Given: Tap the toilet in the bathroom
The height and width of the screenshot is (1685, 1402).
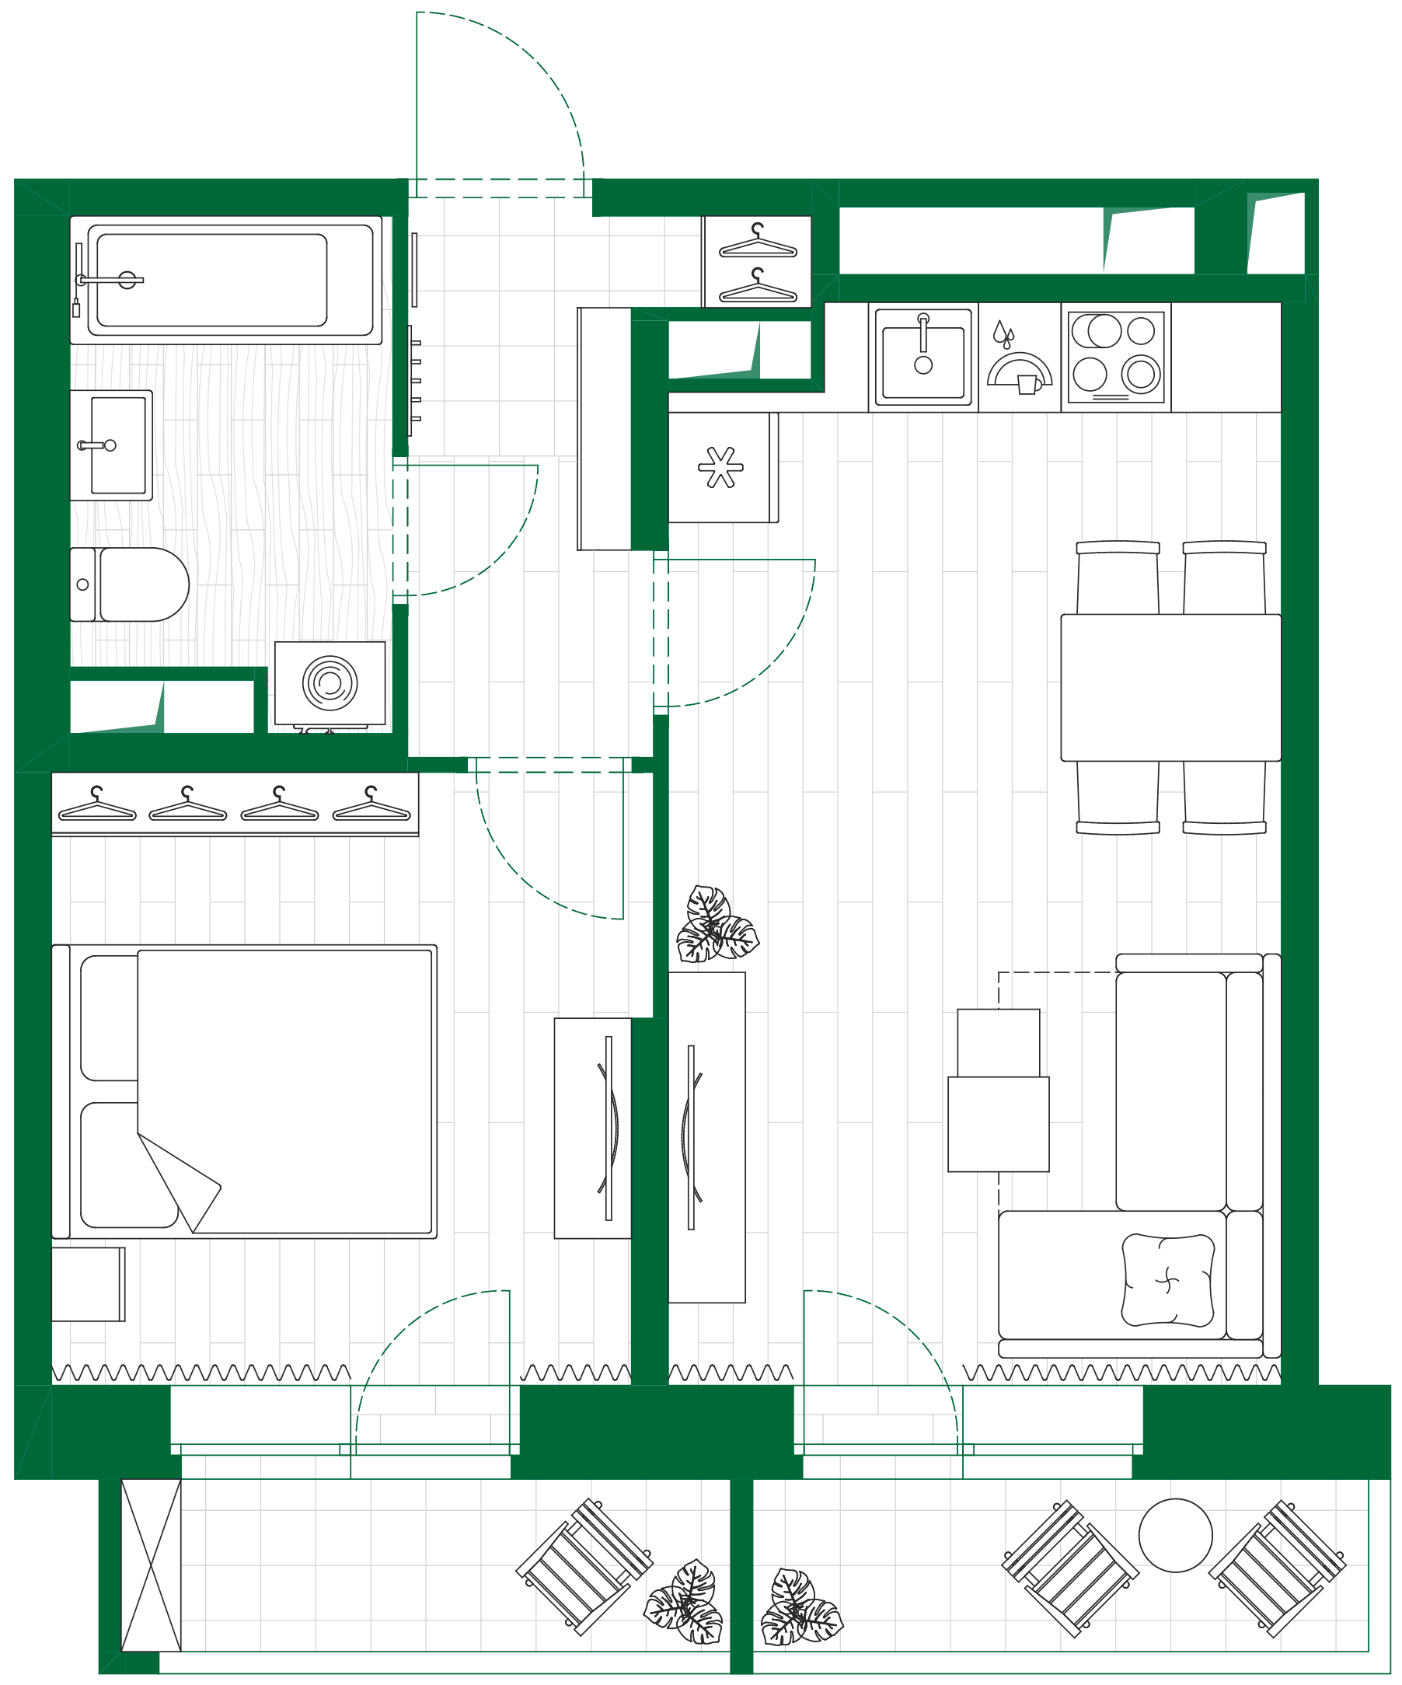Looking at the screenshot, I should pos(137,584).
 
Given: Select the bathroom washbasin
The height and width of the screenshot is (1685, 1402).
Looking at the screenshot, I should pos(113,445).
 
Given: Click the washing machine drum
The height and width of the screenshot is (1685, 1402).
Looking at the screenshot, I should pos(330,683).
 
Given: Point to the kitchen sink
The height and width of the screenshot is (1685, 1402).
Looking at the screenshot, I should pos(923,357).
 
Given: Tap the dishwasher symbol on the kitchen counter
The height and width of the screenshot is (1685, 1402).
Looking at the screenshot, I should pos(1019,361).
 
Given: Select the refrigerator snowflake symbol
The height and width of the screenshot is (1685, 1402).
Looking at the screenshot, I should pos(720,467).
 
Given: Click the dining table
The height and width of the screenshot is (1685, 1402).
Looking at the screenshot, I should pos(1170,687).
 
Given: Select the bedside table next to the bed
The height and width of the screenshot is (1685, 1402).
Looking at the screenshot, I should pos(87,1284).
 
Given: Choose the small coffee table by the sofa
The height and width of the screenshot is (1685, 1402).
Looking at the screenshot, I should pos(999,1123).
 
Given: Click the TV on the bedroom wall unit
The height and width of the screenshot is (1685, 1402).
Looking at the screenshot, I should pos(609,1127).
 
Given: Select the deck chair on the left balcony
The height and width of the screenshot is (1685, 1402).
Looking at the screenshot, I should pos(584,1566).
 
